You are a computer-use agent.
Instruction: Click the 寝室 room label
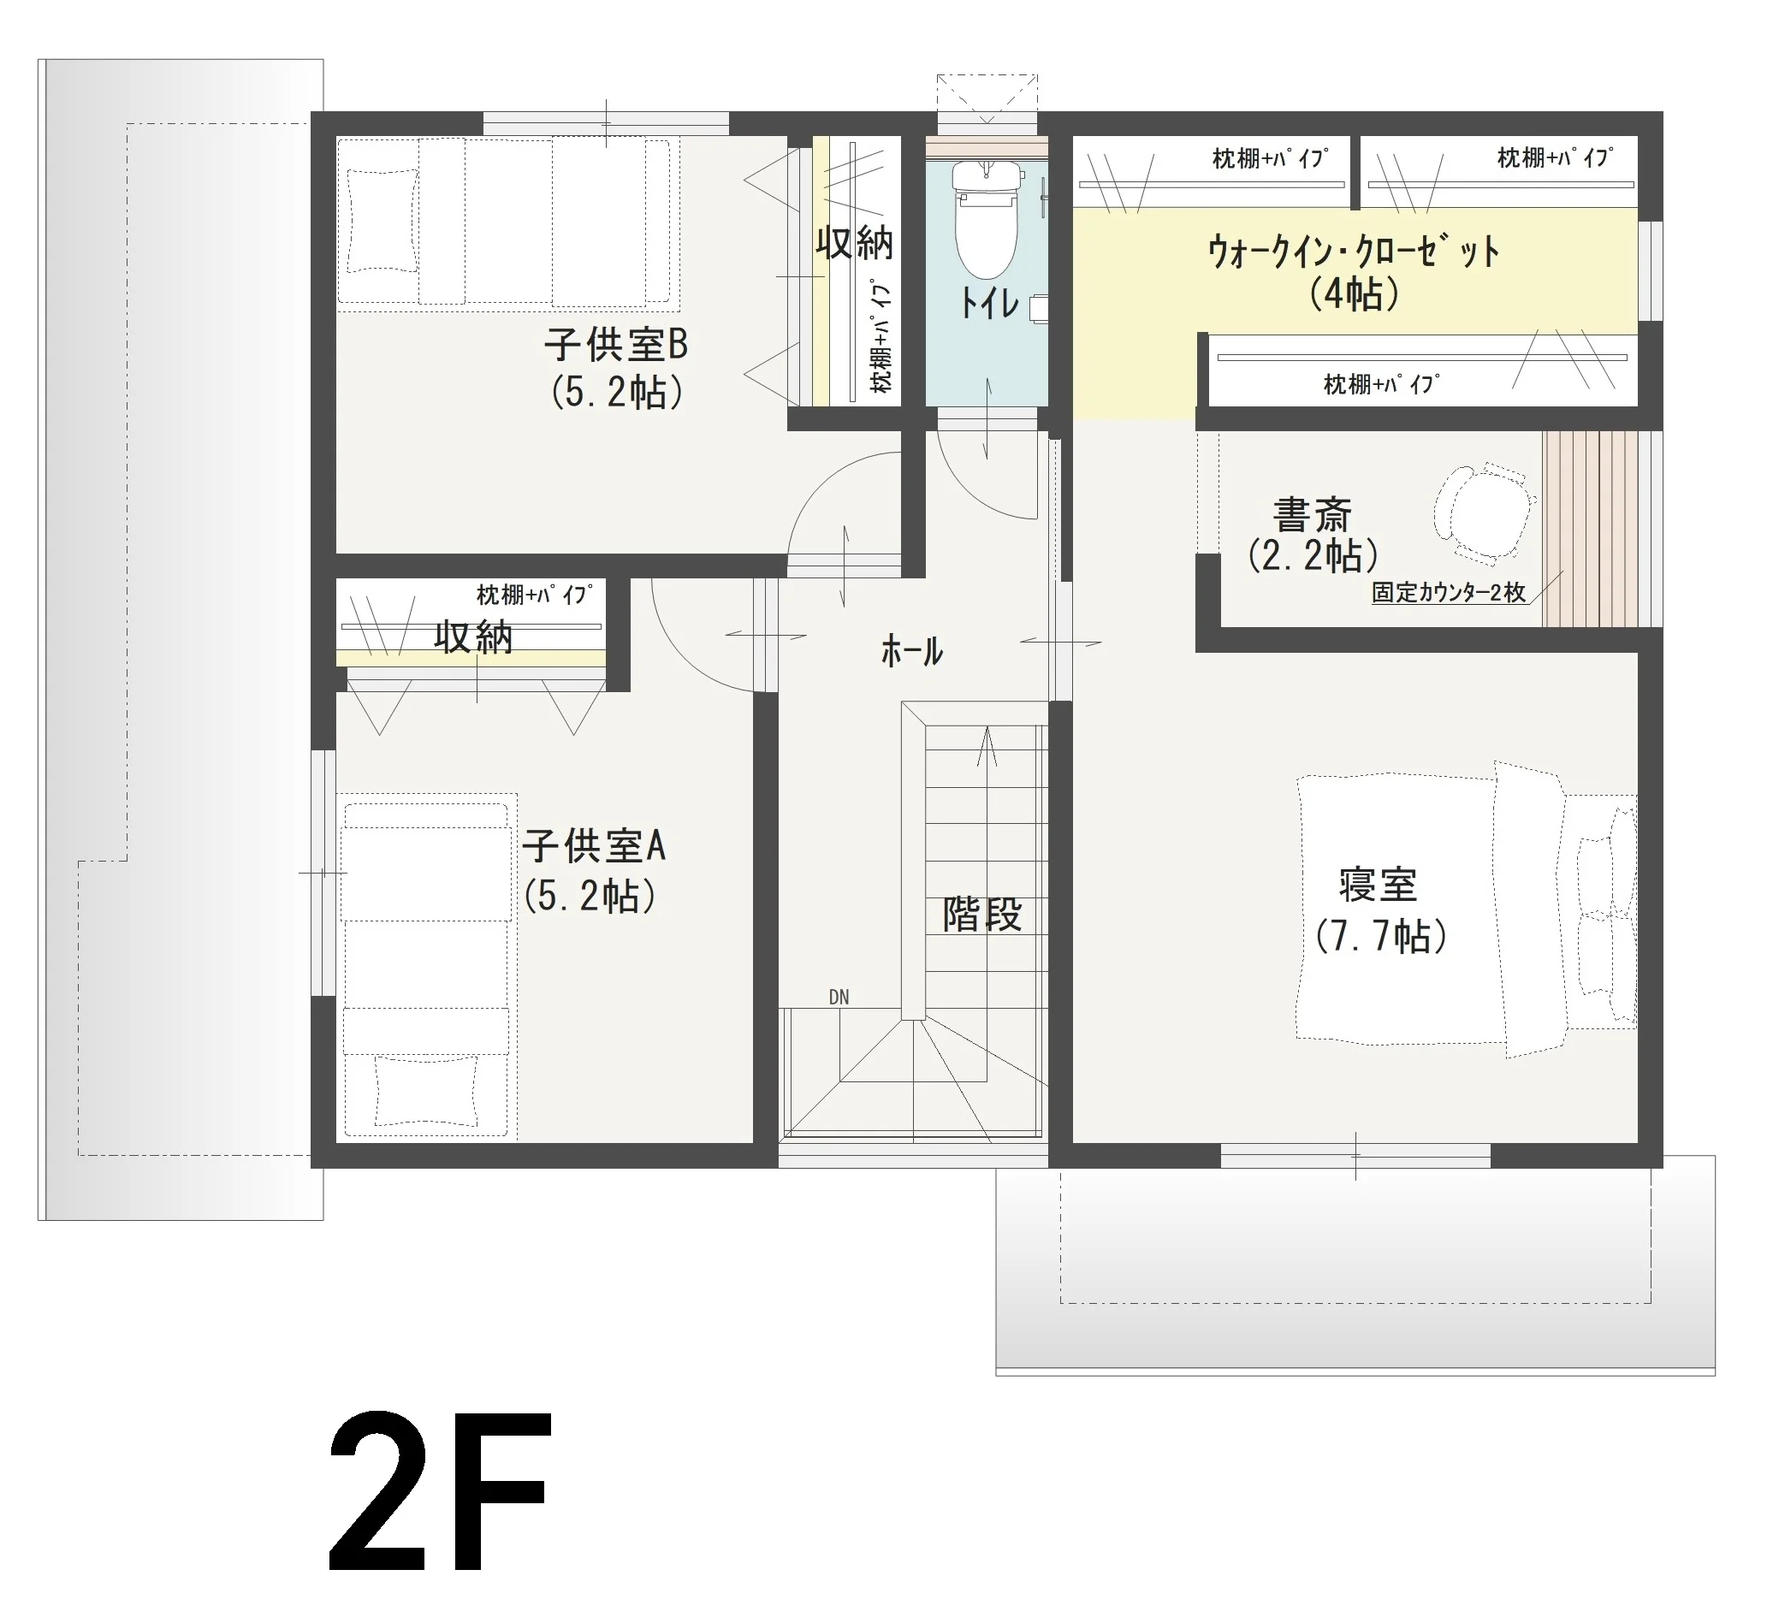[x=1378, y=885]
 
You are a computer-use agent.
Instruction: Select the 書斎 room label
[x=1312, y=516]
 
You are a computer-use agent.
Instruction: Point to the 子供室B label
[x=615, y=344]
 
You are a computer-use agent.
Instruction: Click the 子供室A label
[x=594, y=847]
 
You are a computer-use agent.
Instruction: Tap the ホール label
[x=911, y=652]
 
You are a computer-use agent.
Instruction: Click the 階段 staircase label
[x=981, y=915]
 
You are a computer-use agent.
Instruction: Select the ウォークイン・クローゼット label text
[x=1354, y=252]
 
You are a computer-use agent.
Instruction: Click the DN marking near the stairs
[x=839, y=997]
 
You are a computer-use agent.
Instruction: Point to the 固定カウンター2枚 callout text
[x=1448, y=593]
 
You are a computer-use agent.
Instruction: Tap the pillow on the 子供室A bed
[x=427, y=1091]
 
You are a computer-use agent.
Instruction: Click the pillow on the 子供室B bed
[x=382, y=222]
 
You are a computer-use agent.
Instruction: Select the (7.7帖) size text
[x=1381, y=936]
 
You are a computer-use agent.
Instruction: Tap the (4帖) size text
[x=1355, y=293]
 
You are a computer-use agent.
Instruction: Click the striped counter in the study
[x=1591, y=529]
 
